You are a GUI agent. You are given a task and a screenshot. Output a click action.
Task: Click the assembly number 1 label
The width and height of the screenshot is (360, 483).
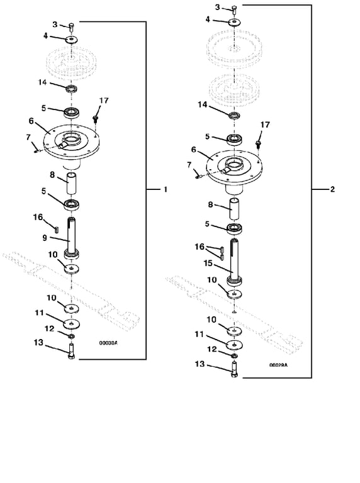(166, 189)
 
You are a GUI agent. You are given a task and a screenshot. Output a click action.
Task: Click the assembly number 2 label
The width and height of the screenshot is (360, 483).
(332, 189)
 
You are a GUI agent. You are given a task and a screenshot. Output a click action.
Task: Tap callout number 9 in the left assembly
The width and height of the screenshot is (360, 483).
(45, 238)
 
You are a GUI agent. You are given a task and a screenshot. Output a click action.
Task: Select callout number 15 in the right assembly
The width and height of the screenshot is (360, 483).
(208, 264)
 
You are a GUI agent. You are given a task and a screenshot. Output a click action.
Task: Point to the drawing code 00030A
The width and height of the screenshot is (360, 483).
(108, 343)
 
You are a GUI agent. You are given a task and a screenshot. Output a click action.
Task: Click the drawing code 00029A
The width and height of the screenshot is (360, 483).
(278, 365)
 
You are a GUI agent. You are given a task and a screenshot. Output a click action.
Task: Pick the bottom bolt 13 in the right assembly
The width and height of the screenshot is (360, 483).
(235, 370)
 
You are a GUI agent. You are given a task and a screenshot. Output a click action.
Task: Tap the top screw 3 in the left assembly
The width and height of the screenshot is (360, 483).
(72, 26)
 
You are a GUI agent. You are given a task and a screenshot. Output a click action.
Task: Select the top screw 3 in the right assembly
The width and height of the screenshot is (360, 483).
(234, 9)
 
